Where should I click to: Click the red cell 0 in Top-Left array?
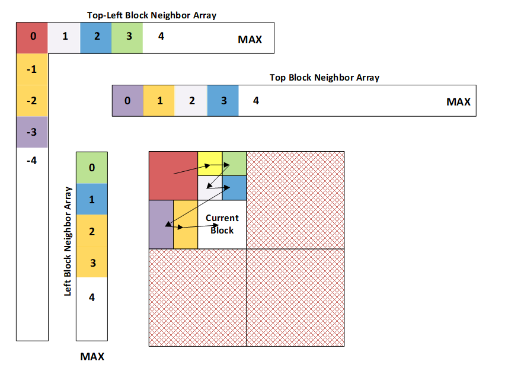point(32,38)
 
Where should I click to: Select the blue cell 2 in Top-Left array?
point(95,38)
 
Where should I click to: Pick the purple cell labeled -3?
point(32,132)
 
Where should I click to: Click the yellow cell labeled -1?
point(32,69)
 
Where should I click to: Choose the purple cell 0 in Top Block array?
point(127,100)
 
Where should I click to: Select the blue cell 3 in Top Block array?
point(223,100)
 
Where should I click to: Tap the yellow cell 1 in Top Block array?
point(159,100)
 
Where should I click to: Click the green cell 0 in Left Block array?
point(91,168)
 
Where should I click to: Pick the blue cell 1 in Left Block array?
point(91,199)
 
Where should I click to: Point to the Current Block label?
point(222,224)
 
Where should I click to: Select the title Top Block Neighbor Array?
point(324,78)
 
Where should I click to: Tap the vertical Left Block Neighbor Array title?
point(68,241)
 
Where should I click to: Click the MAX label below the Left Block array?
point(92,357)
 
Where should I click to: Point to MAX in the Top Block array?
point(458,102)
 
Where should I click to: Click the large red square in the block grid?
point(172,175)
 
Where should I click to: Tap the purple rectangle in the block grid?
point(161,224)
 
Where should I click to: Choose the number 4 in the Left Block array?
point(91,297)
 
